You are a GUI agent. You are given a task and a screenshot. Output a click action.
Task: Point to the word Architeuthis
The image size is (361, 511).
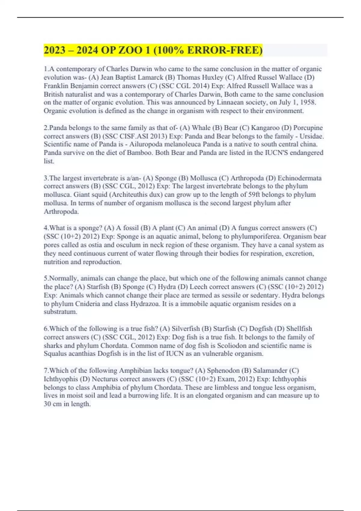pos(133,195)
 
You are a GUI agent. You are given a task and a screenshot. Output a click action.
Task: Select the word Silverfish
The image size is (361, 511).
pos(185,329)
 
